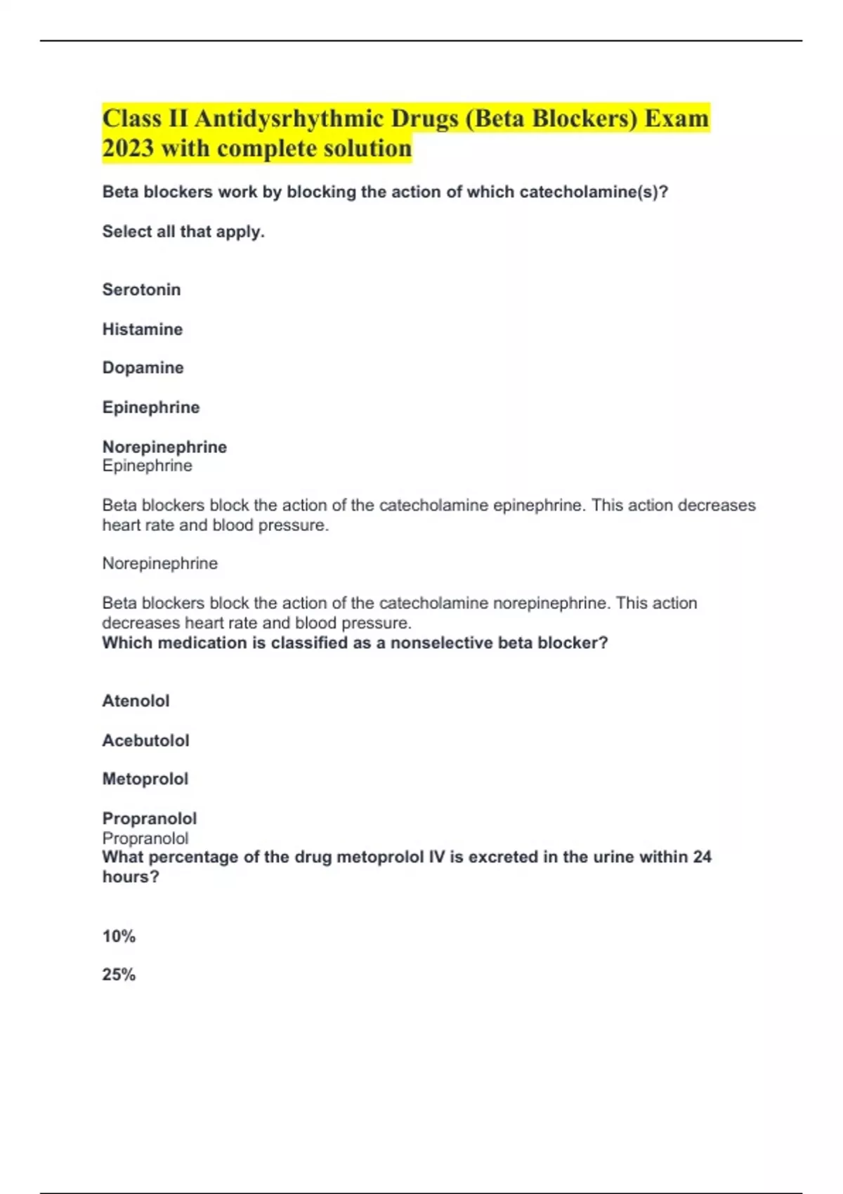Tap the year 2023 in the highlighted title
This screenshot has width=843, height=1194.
pos(128,148)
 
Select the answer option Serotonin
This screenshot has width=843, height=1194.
pos(141,289)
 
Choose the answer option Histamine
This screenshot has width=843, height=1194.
pos(142,329)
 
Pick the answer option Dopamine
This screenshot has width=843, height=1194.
pos(143,367)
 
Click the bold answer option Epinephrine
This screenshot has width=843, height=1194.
pos(150,407)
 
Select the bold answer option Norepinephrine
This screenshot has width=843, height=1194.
pos(164,447)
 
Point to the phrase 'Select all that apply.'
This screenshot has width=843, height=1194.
pos(183,231)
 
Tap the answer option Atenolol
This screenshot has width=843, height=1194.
pos(136,700)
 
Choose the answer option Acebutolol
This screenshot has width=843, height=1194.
pos(145,740)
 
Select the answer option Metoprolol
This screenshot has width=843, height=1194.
pos(145,779)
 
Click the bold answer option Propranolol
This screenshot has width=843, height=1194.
pos(149,818)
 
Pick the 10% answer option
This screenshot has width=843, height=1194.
pos(119,936)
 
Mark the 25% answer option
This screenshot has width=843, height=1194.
pos(119,974)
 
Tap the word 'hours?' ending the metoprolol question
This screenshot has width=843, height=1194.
pos(131,877)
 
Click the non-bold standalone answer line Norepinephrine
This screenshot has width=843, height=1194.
pos(159,563)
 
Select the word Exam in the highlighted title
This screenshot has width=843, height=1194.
pos(677,118)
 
